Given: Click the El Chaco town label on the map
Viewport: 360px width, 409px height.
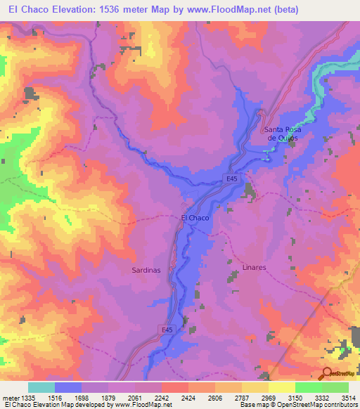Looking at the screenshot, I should (195, 219).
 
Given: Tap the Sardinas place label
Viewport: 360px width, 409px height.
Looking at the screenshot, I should (146, 270).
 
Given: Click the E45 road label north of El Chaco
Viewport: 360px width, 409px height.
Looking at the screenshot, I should (233, 180).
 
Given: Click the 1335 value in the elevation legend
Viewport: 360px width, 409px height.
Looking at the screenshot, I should (29, 397).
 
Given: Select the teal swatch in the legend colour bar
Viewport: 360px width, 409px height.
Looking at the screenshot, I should (41, 387).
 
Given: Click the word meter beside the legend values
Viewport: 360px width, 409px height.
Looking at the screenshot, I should (10, 397).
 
